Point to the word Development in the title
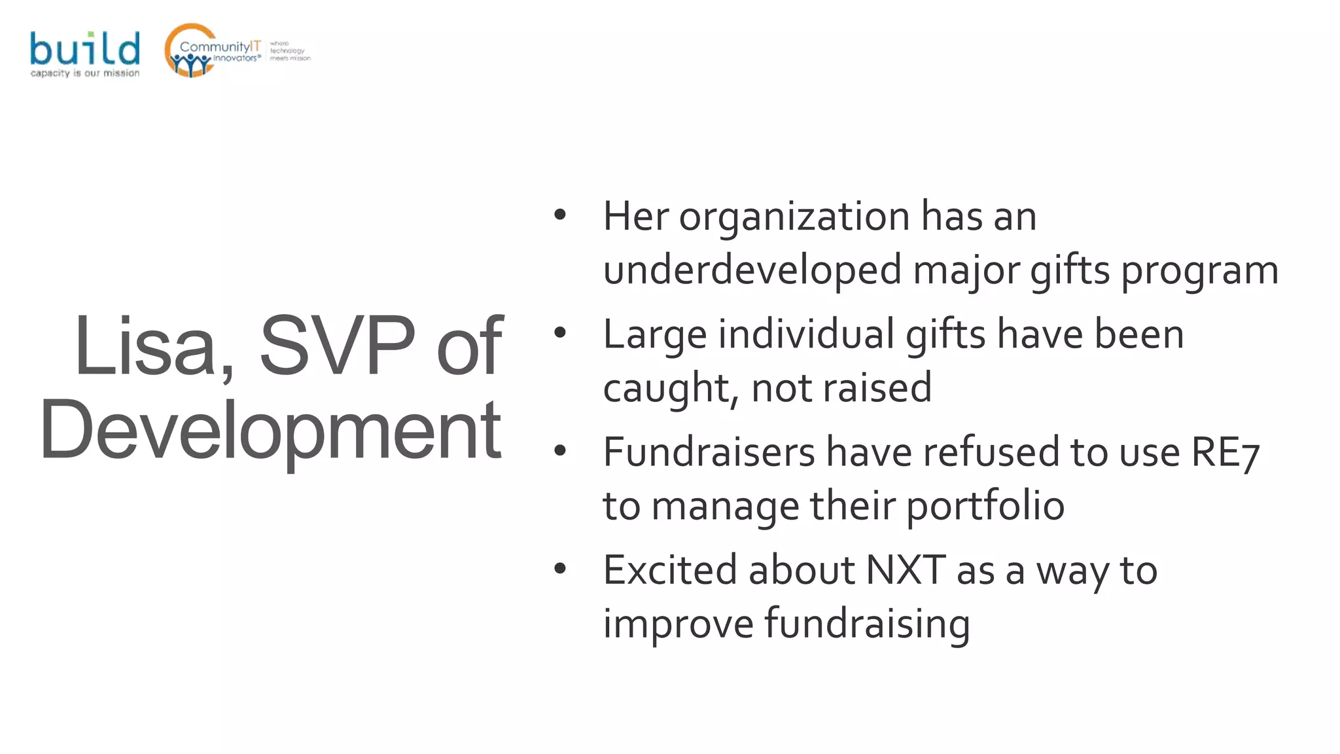click(x=270, y=430)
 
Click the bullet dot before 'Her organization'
click(x=559, y=215)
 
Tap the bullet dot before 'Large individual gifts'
click(x=559, y=333)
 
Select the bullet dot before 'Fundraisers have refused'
click(x=559, y=451)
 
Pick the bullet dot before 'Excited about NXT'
click(x=559, y=569)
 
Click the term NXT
click(x=905, y=569)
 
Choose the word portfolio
click(x=985, y=506)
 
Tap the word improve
click(x=678, y=623)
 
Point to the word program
click(x=1200, y=271)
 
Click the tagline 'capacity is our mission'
click(x=85, y=73)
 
